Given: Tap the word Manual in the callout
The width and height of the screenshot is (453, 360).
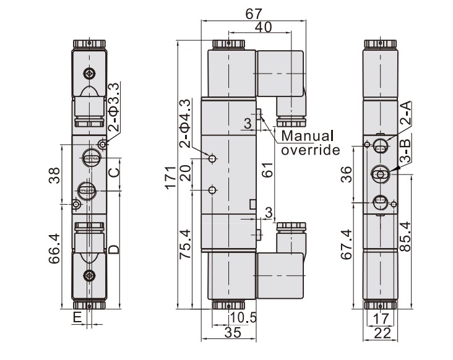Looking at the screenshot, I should (x=307, y=135).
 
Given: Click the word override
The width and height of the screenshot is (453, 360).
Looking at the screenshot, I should (x=311, y=149).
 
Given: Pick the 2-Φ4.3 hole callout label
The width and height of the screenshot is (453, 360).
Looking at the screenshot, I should (x=184, y=123).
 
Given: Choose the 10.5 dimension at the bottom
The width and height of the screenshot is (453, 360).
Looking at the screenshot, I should (x=242, y=319).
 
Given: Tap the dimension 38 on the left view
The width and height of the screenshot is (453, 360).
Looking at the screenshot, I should (x=54, y=175).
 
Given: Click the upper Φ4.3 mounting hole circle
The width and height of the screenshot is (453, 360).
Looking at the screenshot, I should (x=213, y=159).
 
